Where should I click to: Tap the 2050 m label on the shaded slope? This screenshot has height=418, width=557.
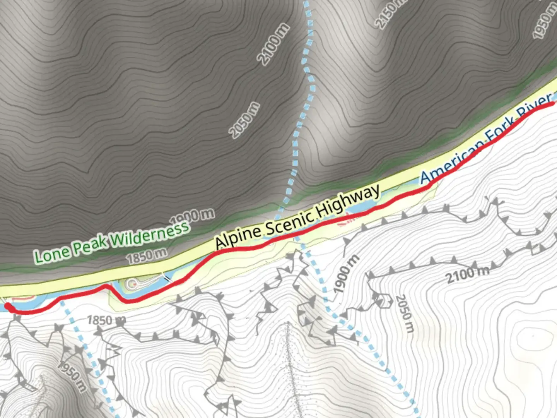click(244, 120)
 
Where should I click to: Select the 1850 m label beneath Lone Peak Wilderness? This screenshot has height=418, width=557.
click(147, 256)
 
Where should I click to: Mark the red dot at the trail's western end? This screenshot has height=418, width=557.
click(8, 307)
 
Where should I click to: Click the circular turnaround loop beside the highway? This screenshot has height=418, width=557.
click(133, 284)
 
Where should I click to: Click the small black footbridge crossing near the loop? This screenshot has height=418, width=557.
click(167, 277)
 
